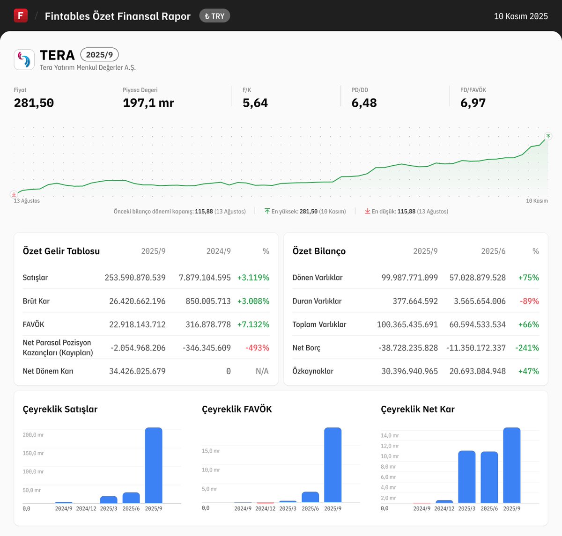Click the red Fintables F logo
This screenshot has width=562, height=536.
[21, 15]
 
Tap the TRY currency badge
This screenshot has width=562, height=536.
[214, 16]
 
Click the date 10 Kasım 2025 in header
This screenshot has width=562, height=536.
[521, 16]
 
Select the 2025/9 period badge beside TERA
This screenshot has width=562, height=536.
[99, 55]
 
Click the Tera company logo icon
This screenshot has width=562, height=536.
[24, 59]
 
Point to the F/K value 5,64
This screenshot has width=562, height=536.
[255, 103]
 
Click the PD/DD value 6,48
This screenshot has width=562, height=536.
[364, 103]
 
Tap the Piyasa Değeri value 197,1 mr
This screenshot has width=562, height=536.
[148, 103]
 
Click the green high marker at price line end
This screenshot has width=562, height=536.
[548, 136]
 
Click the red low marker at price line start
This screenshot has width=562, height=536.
[14, 194]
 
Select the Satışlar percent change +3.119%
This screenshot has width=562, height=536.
[253, 278]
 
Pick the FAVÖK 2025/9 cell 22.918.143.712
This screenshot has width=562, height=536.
[137, 324]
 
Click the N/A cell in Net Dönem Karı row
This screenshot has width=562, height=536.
[262, 371]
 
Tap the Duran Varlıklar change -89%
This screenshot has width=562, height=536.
[529, 301]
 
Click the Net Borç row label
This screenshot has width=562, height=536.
[306, 348]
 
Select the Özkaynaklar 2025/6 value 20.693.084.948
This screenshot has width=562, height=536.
[477, 371]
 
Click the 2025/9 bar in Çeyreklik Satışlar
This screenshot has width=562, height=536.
[154, 465]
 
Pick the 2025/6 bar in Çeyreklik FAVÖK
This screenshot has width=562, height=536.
[310, 497]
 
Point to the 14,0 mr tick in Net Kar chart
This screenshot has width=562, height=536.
[390, 435]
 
